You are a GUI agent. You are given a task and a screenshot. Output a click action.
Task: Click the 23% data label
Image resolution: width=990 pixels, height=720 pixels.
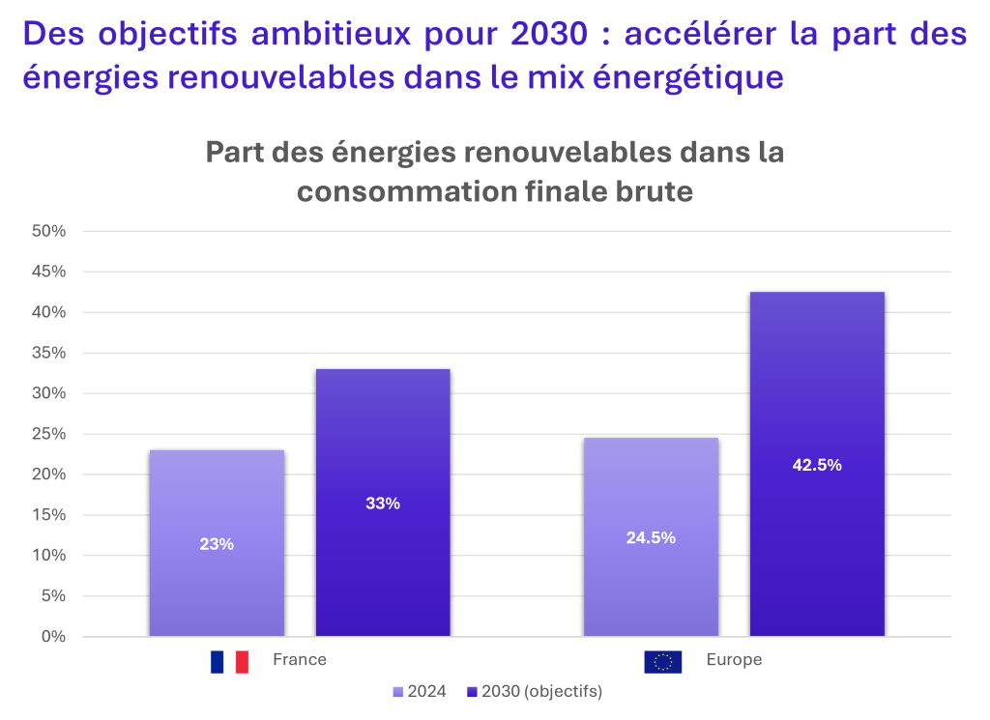pyautogui.click(x=217, y=544)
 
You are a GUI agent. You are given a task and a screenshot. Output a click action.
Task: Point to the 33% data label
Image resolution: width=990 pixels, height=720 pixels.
pyautogui.click(x=383, y=504)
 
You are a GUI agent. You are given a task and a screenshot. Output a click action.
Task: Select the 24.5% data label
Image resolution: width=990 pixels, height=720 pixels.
pyautogui.click(x=651, y=538)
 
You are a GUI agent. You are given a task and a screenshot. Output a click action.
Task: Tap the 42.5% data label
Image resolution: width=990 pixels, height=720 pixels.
pyautogui.click(x=817, y=465)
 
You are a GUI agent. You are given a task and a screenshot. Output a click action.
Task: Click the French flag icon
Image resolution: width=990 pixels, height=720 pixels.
pyautogui.click(x=230, y=661)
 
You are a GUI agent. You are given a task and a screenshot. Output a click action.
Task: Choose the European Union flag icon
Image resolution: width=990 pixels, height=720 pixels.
pyautogui.click(x=663, y=661)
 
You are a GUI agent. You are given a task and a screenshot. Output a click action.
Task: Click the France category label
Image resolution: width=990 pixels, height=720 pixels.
pyautogui.click(x=300, y=660)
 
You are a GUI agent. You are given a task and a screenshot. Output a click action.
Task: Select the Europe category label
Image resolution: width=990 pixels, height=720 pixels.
pyautogui.click(x=734, y=660)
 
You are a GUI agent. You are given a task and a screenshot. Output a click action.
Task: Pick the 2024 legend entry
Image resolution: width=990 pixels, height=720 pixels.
pyautogui.click(x=420, y=692)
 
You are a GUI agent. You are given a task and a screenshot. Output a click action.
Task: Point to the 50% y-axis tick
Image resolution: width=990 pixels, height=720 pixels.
pyautogui.click(x=48, y=232)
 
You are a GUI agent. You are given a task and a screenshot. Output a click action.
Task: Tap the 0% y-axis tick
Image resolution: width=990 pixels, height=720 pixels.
pyautogui.click(x=53, y=637)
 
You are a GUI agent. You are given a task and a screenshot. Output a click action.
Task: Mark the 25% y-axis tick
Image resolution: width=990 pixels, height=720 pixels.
pyautogui.click(x=48, y=434)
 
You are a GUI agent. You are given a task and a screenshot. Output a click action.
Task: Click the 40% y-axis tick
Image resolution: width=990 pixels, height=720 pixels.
pyautogui.click(x=48, y=313)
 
